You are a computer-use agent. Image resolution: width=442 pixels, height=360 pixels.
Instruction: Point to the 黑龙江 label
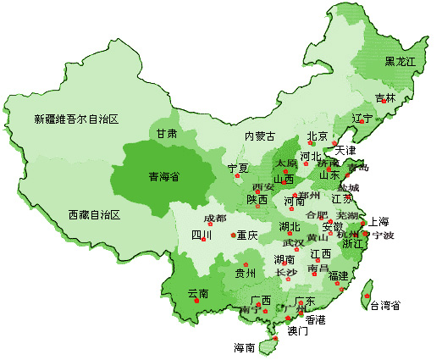(x=401, y=62)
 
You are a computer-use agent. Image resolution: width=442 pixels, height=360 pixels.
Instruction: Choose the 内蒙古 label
(x=260, y=136)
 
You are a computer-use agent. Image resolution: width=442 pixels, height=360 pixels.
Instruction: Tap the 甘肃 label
(x=166, y=134)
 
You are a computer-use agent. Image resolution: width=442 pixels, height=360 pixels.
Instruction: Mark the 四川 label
(x=201, y=235)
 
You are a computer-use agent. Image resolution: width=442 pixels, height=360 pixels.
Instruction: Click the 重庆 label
(x=246, y=235)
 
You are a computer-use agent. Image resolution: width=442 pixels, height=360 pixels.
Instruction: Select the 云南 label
(x=198, y=293)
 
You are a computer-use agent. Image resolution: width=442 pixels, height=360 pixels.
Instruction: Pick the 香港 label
(x=315, y=320)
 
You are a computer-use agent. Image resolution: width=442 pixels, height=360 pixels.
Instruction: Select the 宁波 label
(x=383, y=235)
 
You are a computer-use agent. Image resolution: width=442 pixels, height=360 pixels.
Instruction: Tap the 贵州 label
(x=245, y=273)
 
